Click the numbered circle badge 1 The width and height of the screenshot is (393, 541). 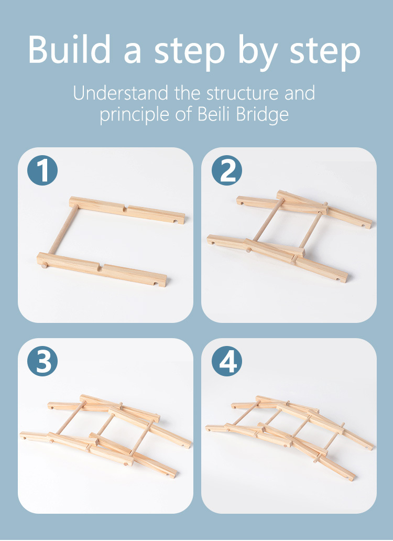(42, 170)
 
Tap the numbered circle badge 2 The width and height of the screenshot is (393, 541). (227, 170)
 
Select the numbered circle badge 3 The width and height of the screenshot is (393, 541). (42, 361)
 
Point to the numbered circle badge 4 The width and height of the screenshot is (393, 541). (227, 361)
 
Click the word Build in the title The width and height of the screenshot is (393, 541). (69, 49)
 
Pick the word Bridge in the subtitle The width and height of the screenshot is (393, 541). (263, 115)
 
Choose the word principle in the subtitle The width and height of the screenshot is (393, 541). (136, 115)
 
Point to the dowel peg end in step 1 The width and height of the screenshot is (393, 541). (44, 265)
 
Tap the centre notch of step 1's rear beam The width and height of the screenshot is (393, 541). (126, 208)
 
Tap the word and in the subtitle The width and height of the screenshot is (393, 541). (300, 93)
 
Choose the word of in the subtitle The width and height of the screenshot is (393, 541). (183, 114)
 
